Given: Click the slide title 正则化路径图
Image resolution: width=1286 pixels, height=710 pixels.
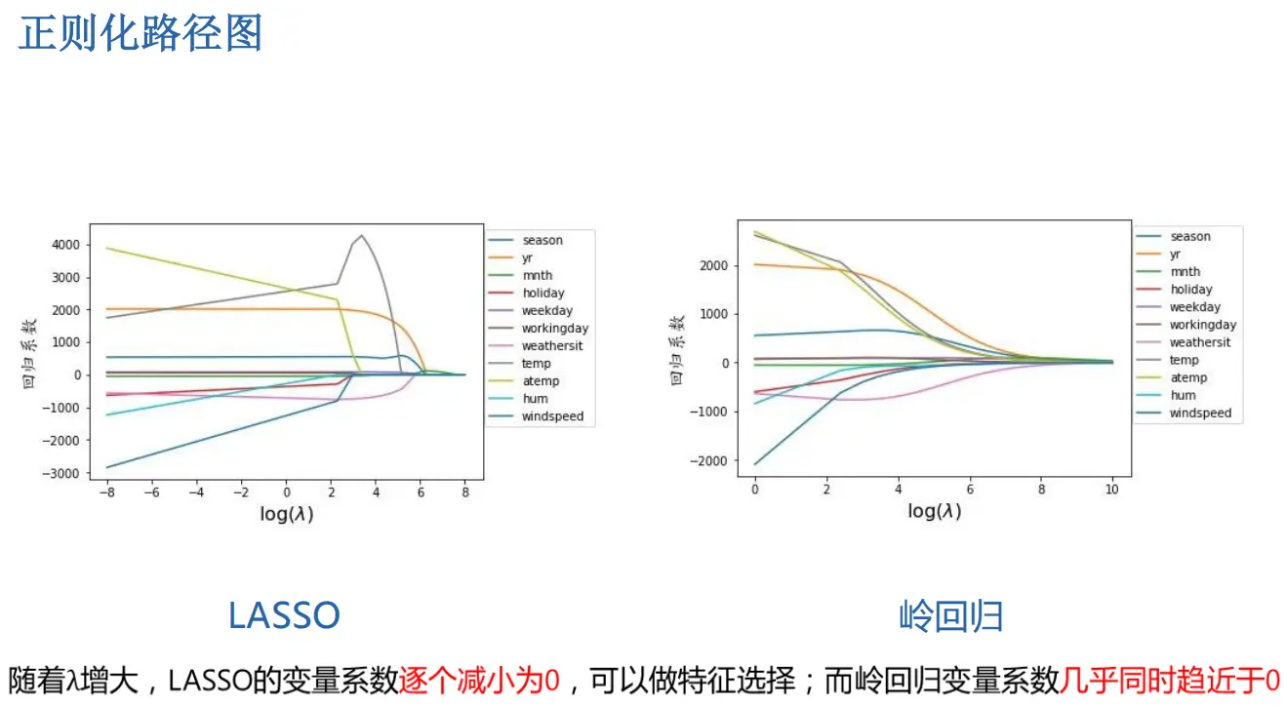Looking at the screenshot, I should [x=141, y=33].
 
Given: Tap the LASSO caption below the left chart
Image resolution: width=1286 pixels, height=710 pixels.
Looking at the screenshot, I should [x=284, y=615].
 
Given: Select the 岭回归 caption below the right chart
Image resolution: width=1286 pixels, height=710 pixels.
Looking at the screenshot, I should [x=950, y=616].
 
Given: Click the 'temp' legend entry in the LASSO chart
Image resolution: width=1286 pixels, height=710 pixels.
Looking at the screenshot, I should [x=537, y=363].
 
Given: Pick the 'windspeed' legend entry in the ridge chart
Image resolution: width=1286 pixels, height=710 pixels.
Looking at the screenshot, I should [x=1200, y=413].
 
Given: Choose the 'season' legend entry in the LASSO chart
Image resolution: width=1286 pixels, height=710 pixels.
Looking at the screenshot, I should [x=543, y=240].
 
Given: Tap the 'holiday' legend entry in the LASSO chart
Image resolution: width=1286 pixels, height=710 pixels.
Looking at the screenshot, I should [x=543, y=293].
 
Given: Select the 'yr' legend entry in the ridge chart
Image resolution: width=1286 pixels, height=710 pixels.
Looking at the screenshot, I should [x=1177, y=254].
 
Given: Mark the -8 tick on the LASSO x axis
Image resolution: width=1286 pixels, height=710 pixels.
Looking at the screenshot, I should [x=106, y=493].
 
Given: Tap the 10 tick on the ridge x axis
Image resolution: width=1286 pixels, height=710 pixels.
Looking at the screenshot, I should [x=1112, y=488].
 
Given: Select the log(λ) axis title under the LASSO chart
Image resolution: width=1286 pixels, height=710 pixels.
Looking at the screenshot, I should [x=286, y=514].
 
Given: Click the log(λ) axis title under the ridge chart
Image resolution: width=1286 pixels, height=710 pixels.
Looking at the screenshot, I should [x=934, y=511].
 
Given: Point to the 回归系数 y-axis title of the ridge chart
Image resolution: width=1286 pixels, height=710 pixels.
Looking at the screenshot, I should [x=676, y=349].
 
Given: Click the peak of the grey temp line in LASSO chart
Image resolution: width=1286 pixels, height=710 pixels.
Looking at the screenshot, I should [x=363, y=235].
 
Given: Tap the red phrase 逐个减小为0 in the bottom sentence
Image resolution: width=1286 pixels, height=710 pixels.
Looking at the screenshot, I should [x=479, y=679].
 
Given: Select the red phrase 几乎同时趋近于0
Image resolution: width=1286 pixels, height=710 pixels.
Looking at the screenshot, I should [x=1170, y=679].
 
